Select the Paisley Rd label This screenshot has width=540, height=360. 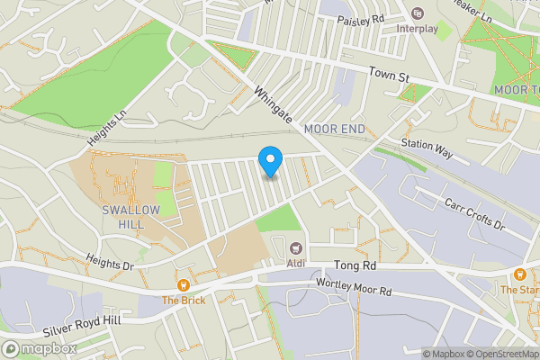point(361,19)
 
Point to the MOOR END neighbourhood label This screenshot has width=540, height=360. point(335,130)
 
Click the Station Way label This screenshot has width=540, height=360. point(427,148)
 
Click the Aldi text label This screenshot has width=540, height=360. point(294,265)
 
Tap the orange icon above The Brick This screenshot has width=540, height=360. point(184,284)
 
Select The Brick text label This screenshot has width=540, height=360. point(184,300)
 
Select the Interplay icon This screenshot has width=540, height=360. point(417,13)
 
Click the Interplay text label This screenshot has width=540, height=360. point(417,28)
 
